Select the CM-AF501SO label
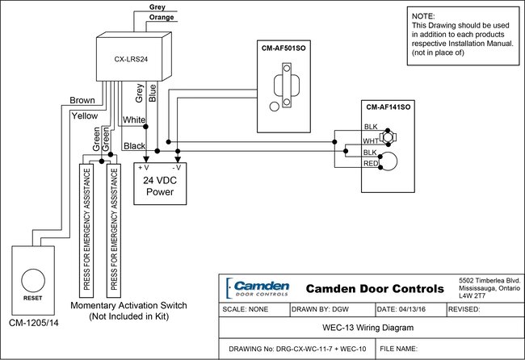point(283,49)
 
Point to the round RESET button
point(33,280)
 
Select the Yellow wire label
point(84,115)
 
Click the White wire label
point(133,120)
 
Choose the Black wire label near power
point(133,145)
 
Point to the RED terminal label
point(372,164)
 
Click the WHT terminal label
point(372,140)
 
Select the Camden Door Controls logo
point(258,287)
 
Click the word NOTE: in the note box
point(423,16)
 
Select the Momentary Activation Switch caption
point(129,306)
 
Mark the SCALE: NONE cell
point(247,309)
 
